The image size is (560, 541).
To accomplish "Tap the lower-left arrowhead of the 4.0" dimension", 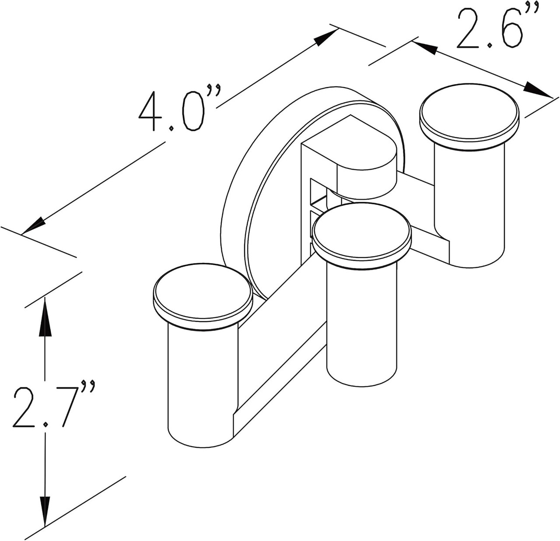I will tap(33, 226).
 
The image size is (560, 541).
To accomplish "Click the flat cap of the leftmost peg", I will tap(203, 293).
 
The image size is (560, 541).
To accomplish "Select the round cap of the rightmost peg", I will tap(469, 115).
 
